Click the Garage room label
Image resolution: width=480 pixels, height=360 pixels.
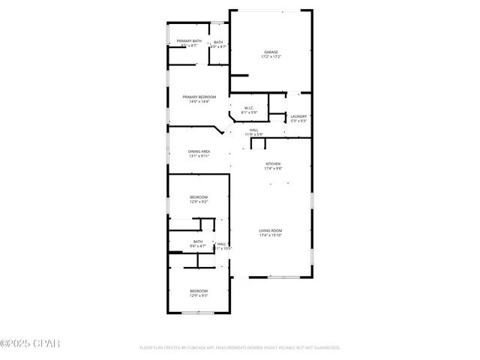(x=271, y=52)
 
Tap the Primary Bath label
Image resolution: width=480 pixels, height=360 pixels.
(x=189, y=40)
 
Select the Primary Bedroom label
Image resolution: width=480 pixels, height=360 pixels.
(x=199, y=97)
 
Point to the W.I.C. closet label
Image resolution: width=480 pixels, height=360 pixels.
(x=249, y=108)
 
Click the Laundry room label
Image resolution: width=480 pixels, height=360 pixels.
(x=298, y=116)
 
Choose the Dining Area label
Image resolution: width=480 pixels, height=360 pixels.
(x=199, y=151)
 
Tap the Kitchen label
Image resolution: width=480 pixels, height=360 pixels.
(x=272, y=163)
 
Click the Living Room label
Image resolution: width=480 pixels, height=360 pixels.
(x=271, y=230)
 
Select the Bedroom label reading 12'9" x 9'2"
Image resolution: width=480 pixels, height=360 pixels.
(x=199, y=196)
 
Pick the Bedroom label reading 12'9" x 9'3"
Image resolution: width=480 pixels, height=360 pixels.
(x=199, y=290)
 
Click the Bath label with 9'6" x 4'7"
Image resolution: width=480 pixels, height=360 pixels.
(x=198, y=241)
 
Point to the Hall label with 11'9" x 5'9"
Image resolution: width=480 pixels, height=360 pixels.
(x=254, y=129)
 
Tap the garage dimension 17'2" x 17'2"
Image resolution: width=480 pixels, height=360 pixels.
(x=271, y=57)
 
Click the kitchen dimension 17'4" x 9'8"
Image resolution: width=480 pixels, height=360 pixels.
(x=272, y=169)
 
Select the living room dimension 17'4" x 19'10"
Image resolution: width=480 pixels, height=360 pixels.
(x=271, y=235)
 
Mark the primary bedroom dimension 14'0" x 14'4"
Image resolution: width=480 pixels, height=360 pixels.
(x=199, y=101)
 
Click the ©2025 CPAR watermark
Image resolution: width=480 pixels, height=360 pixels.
(x=29, y=343)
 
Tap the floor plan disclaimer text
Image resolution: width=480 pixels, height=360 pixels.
(x=240, y=348)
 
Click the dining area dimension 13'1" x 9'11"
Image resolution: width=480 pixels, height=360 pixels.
(x=199, y=156)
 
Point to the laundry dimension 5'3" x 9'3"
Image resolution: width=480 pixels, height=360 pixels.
(x=298, y=121)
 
